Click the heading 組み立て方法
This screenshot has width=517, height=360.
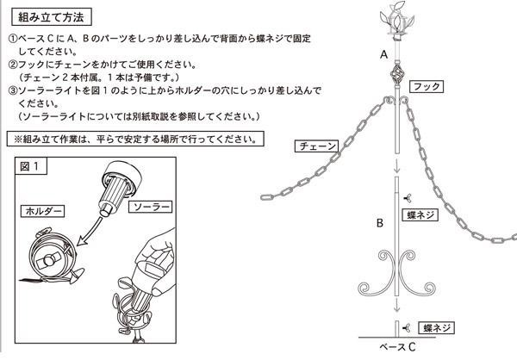51,17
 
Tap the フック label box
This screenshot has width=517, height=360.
427,87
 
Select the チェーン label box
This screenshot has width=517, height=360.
316,146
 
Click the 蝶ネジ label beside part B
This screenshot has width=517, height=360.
420,215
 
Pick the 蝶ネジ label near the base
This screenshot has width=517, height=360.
437,327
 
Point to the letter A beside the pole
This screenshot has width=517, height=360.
383,54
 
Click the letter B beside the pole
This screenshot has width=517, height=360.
380,223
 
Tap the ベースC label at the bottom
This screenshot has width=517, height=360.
397,347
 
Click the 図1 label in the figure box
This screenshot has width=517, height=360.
30,166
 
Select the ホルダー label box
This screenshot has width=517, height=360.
43,211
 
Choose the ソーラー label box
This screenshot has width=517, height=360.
150,207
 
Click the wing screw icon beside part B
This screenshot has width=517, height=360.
408,198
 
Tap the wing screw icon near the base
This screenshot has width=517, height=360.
406,327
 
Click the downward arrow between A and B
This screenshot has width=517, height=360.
397,164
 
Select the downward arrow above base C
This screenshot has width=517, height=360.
397,305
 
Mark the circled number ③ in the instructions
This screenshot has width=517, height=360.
13,90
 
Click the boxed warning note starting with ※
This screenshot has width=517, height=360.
135,140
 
